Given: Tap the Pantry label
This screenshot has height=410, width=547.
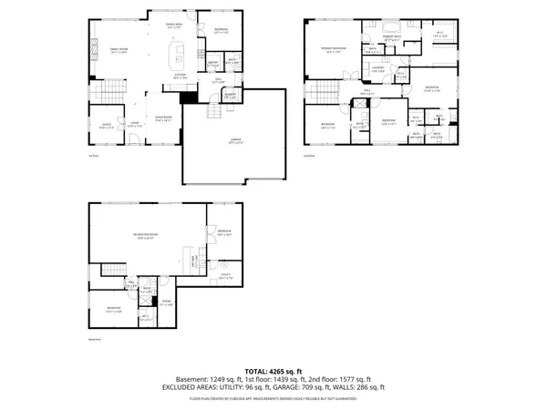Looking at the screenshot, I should click(212, 64).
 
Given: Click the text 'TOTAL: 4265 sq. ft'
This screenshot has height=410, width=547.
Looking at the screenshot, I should click(273, 371).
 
